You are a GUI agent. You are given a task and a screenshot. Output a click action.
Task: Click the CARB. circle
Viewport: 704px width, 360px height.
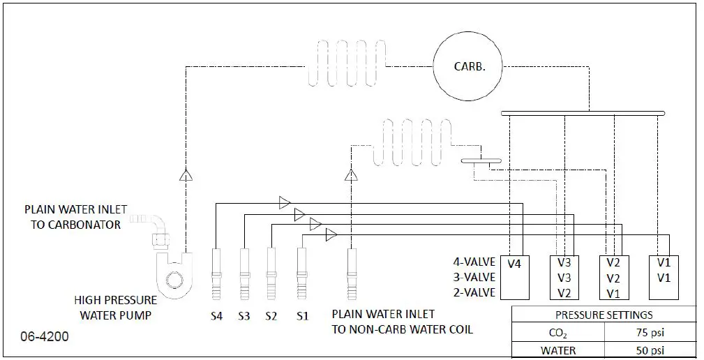[468, 67]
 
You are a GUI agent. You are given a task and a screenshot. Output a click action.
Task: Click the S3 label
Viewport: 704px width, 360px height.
[244, 316]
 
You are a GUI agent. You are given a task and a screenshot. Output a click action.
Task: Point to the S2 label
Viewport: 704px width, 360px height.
[271, 316]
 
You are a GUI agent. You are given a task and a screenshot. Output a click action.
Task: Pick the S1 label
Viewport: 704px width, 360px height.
[301, 316]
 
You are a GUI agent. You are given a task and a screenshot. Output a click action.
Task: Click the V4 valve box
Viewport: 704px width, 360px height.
[514, 276]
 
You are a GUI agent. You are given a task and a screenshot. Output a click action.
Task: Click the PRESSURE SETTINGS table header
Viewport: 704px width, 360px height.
[604, 315]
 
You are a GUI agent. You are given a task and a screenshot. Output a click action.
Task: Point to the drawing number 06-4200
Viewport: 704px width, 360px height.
[45, 337]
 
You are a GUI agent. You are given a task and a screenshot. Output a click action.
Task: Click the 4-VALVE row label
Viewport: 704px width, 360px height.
[473, 262]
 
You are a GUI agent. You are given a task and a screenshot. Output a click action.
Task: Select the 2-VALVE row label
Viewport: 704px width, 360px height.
[473, 292]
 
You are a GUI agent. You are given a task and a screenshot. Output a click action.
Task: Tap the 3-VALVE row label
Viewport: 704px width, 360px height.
[473, 277]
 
